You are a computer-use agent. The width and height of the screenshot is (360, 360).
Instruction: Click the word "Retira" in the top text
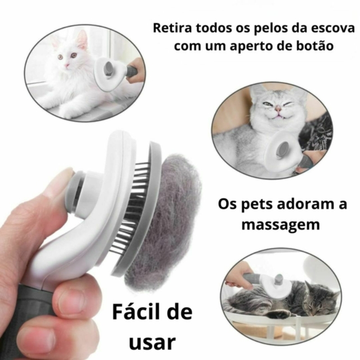pos(172,28)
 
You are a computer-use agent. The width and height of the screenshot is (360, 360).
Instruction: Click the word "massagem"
pos(281,225)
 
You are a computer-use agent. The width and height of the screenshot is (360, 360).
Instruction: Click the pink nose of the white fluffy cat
pos(67,65)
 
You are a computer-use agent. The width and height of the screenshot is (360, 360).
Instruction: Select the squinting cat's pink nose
pos(278,108)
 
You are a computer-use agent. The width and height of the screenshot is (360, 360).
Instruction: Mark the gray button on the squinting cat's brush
pos(283,148)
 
